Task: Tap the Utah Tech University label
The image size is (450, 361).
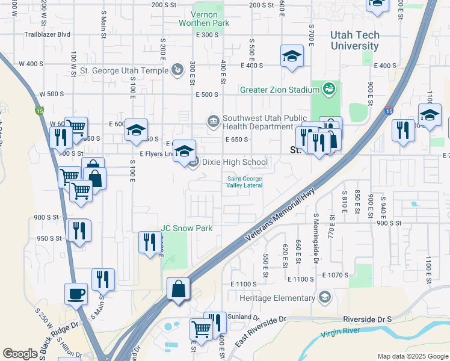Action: (x=355, y=41)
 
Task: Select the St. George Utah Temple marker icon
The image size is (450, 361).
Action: (x=177, y=70)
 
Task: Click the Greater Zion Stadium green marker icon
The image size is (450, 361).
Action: (x=328, y=90)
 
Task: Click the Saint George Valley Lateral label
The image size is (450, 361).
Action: (x=244, y=181)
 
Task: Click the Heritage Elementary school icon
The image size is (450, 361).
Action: (x=325, y=297)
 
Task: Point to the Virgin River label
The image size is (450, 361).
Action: (x=347, y=333)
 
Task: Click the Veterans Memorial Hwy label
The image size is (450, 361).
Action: (x=280, y=215)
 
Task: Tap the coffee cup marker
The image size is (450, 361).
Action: (x=76, y=294)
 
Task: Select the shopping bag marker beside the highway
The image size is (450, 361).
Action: (x=179, y=288)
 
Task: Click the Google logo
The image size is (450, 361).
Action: (x=20, y=354)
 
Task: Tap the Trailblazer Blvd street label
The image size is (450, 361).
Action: (x=44, y=35)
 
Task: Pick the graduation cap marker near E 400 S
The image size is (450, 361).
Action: (x=292, y=57)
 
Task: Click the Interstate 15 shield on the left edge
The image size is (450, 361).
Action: (x=40, y=110)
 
